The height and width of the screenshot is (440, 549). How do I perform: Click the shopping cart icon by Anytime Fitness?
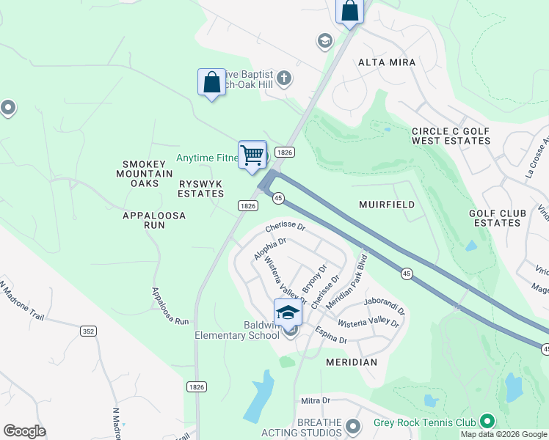tap(252, 155)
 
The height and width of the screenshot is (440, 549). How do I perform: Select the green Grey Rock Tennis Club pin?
tap(485, 421)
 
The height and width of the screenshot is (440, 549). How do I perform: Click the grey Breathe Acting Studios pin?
tap(354, 426)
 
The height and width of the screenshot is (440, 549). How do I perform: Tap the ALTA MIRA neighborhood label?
tap(387, 62)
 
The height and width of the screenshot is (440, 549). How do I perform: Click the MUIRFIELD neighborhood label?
tap(387, 205)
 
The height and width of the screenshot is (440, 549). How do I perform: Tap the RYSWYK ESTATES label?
tap(201, 188)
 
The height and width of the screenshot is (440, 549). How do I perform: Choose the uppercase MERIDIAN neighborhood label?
tap(352, 362)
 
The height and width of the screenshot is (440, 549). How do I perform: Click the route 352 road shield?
tap(89, 331)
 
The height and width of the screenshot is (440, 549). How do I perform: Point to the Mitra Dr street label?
tap(316, 401)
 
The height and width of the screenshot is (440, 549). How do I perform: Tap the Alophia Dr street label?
tap(269, 249)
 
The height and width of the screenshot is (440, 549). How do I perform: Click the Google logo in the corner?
tap(24, 431)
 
